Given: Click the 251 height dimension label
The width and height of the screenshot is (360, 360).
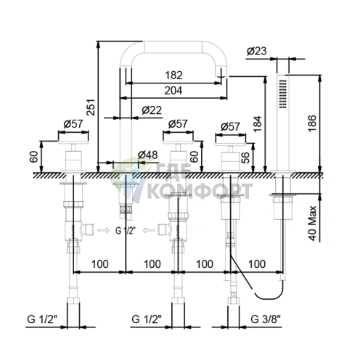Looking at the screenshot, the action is tap(91, 107).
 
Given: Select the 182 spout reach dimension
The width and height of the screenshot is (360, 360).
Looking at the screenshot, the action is tap(173, 75).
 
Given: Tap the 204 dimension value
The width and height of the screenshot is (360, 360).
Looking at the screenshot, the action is tap(173, 91).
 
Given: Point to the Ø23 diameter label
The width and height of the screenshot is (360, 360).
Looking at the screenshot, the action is tap(257, 51).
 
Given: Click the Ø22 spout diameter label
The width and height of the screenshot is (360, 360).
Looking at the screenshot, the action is tap(152, 110).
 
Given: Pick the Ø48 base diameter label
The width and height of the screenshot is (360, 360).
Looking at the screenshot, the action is tap(147, 155).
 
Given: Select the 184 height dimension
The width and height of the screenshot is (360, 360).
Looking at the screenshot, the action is tap(258, 124).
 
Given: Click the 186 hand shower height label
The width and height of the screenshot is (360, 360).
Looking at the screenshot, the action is tap(312, 123).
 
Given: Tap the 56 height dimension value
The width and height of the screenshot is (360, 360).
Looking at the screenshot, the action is tap(245, 158).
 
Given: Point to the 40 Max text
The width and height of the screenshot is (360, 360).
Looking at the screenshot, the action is tap(312, 223).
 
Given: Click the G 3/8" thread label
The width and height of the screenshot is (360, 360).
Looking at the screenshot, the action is tap(266, 319).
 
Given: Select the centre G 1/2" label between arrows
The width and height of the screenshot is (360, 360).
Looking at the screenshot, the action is tap(126, 231).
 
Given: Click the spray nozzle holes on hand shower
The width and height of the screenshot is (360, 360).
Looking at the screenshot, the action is tap(282, 94).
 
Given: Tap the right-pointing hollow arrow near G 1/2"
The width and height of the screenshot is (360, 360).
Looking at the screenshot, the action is tap(104, 230).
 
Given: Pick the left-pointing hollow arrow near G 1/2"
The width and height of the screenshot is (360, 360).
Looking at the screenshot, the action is tap(149, 230).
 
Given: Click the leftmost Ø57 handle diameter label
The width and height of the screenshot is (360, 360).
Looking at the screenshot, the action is tap(73, 124).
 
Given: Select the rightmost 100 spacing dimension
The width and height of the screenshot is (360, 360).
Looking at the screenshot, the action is tap(257, 263).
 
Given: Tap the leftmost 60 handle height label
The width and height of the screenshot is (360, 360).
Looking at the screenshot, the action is tap(34, 157).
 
